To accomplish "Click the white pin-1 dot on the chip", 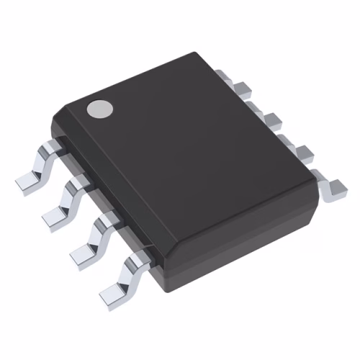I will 100,108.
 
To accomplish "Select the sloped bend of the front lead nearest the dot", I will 41,162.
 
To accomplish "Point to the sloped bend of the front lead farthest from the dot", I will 128,271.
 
